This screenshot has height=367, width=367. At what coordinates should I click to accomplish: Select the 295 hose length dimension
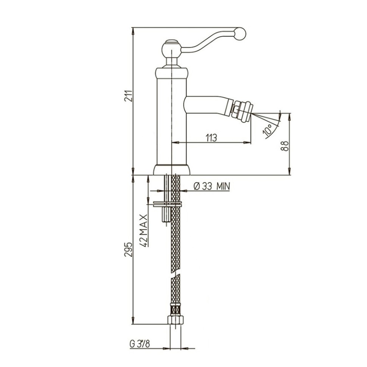coord(129,250)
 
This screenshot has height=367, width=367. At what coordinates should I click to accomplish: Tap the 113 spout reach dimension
coord(211,138)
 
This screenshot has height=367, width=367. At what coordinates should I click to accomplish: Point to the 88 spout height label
coord(285,146)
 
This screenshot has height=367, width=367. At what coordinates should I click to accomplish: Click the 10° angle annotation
coord(268,130)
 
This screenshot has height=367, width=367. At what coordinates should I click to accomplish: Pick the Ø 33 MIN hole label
coord(212,186)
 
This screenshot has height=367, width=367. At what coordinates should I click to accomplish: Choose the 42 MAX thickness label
coord(144,230)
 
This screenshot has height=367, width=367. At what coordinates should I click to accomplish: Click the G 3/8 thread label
coord(140,344)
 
